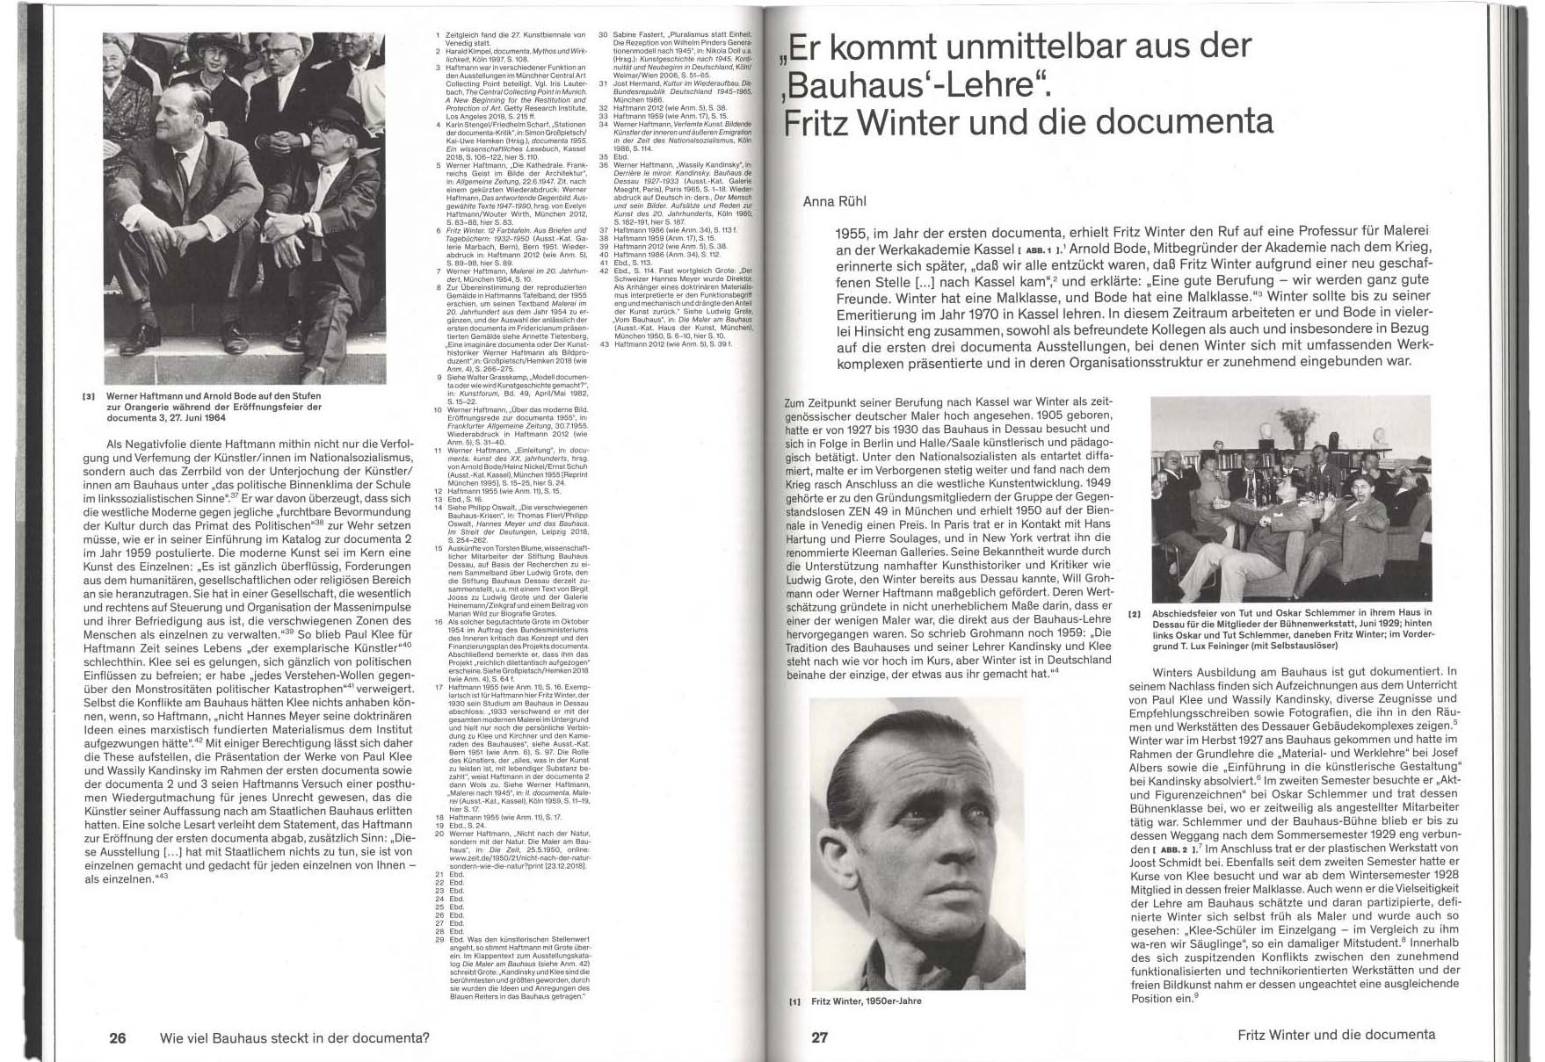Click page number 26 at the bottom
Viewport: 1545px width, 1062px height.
coord(117,1037)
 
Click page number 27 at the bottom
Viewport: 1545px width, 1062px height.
coord(819,1037)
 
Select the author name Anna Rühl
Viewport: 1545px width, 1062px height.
coord(835,201)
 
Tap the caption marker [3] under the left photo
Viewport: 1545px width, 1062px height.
coord(87,396)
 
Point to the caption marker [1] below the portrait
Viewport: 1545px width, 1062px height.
coord(795,1001)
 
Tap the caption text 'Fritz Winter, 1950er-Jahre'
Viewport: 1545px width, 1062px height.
coord(867,1001)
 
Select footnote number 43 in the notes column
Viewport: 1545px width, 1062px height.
coord(604,343)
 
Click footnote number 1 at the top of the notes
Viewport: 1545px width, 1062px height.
coord(439,34)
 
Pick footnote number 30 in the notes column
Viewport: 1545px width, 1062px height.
coord(604,34)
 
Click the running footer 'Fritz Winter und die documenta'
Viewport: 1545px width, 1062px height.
coord(1336,1035)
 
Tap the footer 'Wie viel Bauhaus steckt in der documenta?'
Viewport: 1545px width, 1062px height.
coord(294,1037)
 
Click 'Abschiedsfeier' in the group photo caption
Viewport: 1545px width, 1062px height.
coord(1184,612)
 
